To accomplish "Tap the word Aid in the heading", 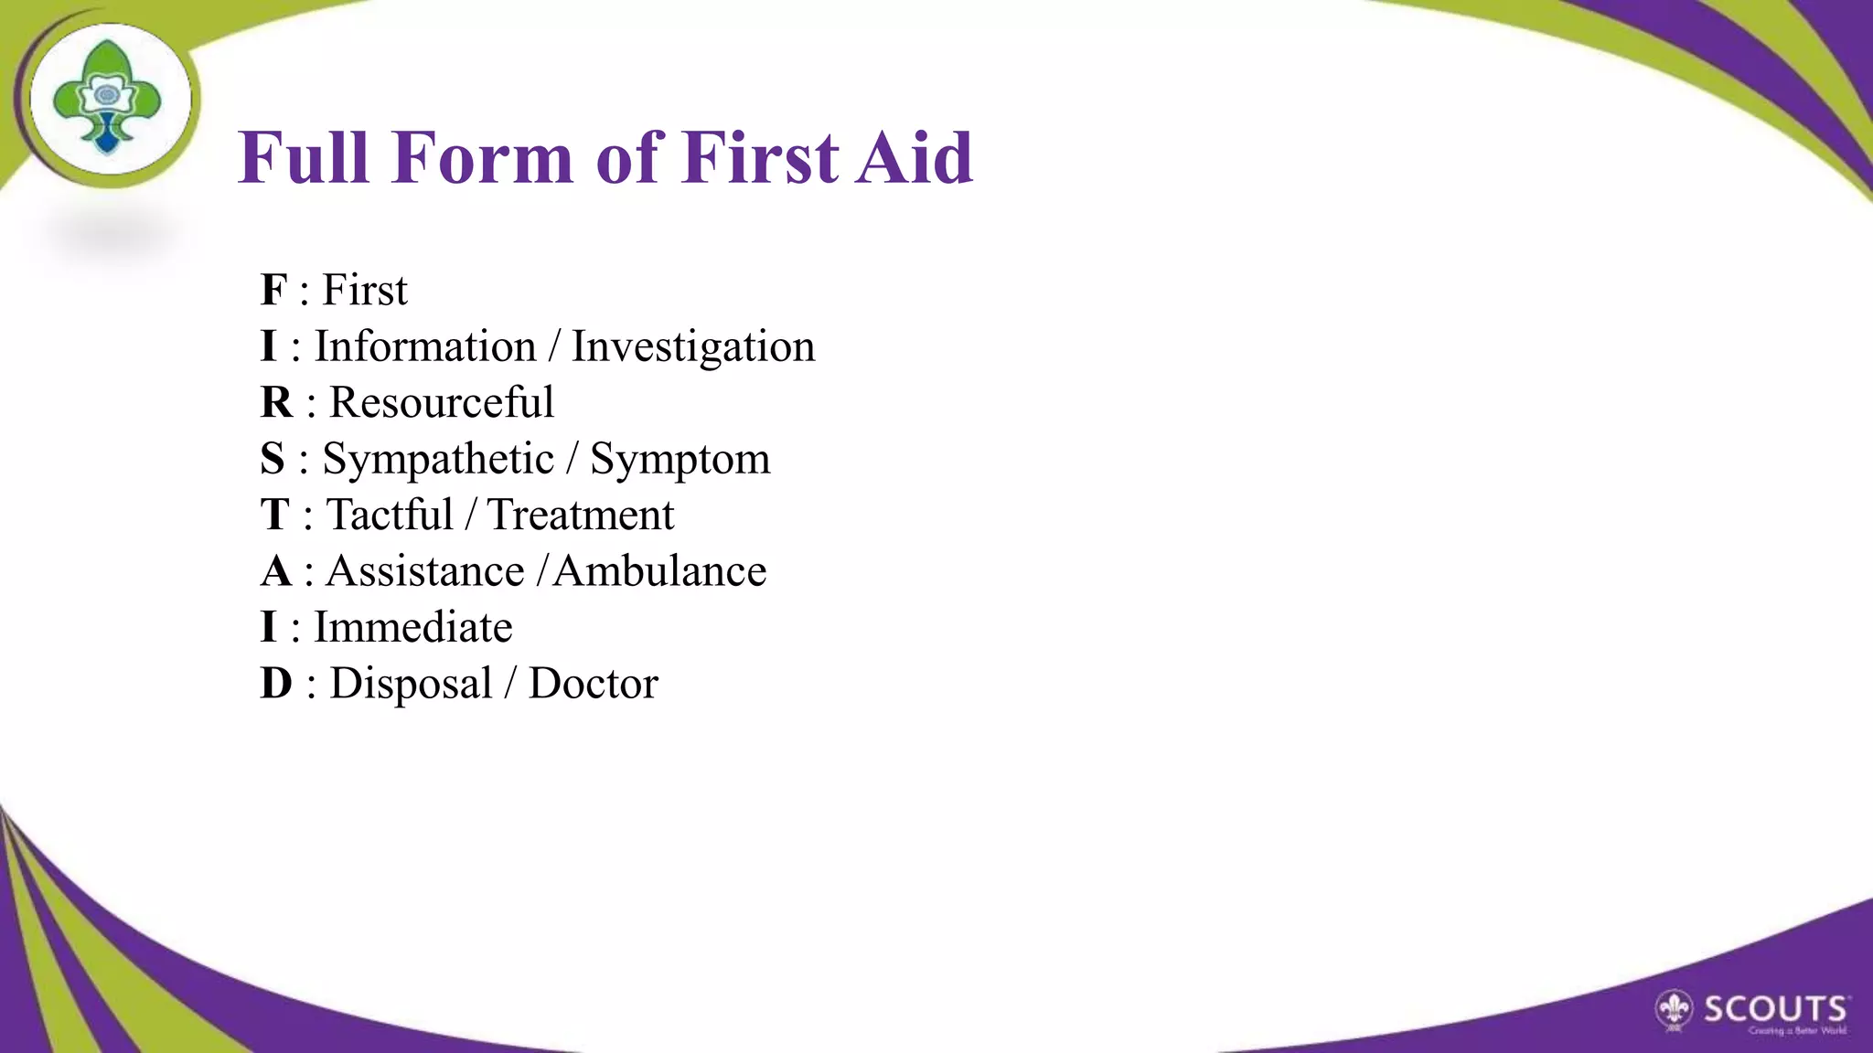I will coord(914,158).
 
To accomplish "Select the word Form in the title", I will coord(482,158).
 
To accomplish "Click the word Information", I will coord(425,346).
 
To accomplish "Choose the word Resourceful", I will coord(442,402).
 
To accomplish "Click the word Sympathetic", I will coord(438,460).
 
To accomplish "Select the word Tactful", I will coord(391,515).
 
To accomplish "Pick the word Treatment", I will coord(581,515).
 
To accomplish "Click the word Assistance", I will coord(425,571).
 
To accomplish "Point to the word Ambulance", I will coord(659,571).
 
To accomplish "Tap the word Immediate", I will coord(413,627).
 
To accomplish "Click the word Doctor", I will coord(594,684).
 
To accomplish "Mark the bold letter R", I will coord(276,402).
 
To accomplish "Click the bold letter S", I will coord(273,459).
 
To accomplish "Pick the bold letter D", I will coord(276,684).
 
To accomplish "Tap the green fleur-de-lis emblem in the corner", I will coord(108,97).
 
